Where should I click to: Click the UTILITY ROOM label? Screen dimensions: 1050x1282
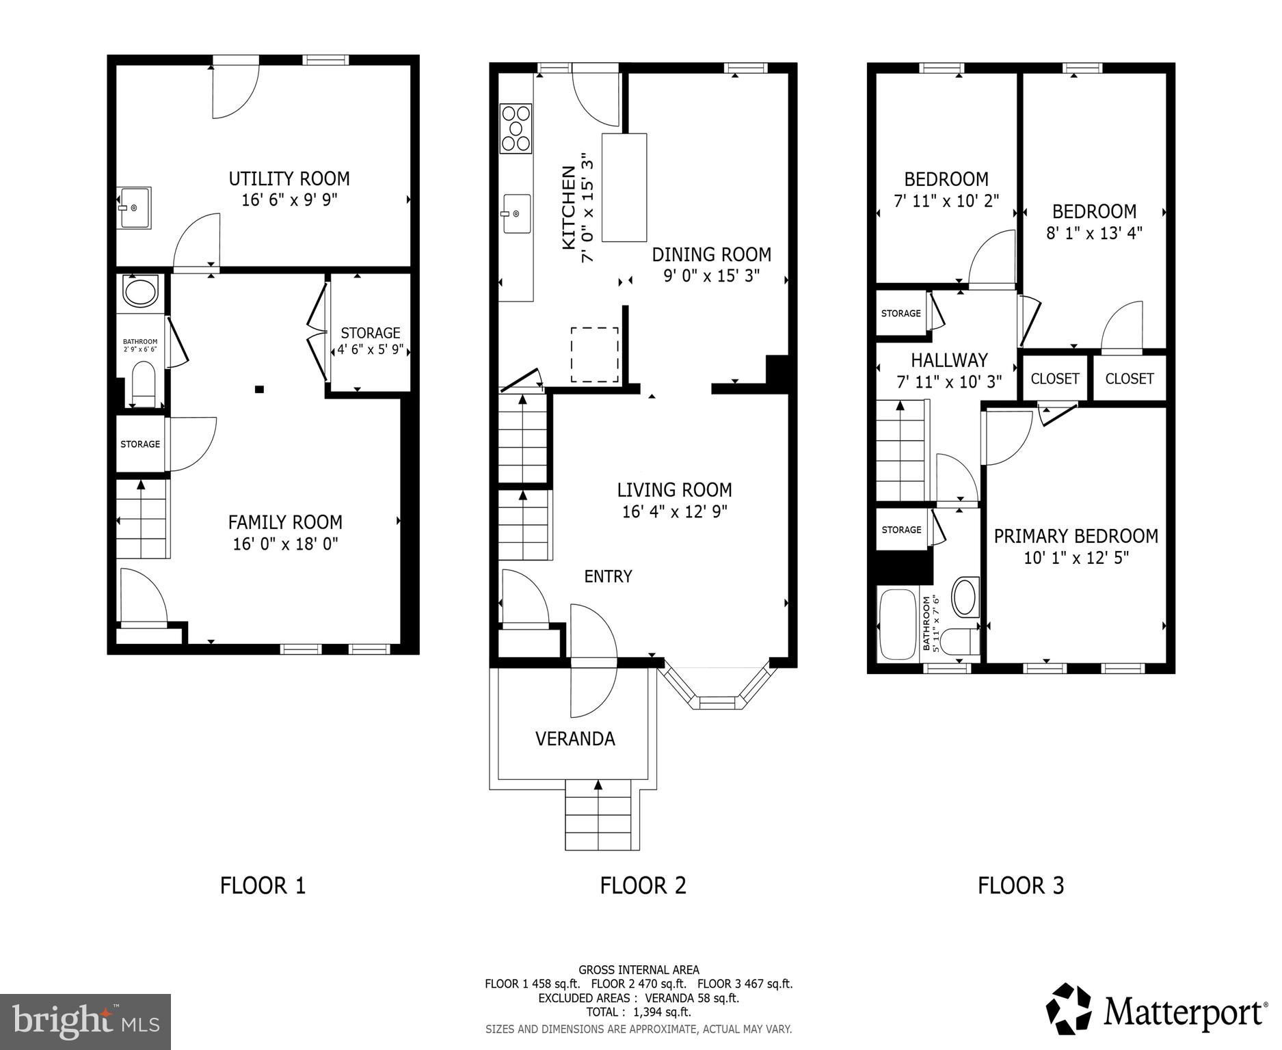pyautogui.click(x=289, y=179)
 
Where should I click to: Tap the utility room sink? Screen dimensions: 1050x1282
pyautogui.click(x=133, y=207)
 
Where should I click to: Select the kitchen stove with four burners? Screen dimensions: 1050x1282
pyautogui.click(x=516, y=127)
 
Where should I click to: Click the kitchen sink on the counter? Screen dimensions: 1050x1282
pyautogui.click(x=517, y=213)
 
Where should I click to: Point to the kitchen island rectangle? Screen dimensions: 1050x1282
pyautogui.click(x=624, y=187)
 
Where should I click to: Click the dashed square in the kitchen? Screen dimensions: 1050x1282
pyautogui.click(x=595, y=355)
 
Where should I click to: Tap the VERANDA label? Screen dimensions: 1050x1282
pyautogui.click(x=575, y=739)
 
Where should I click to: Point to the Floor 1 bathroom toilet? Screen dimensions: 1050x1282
pyautogui.click(x=143, y=383)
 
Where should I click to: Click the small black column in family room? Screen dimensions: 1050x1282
pyautogui.click(x=259, y=390)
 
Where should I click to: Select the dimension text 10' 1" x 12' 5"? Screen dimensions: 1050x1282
pyautogui.click(x=1076, y=558)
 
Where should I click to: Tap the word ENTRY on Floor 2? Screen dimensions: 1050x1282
pyautogui.click(x=608, y=576)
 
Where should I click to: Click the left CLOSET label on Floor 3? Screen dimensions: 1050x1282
pyautogui.click(x=1054, y=379)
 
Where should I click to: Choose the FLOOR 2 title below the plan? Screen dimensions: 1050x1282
pyautogui.click(x=643, y=885)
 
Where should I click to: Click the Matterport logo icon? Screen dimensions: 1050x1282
pyautogui.click(x=1070, y=1008)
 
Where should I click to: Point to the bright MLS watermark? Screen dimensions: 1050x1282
pyautogui.click(x=85, y=1022)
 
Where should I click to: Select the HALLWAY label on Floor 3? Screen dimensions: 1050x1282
pyautogui.click(x=948, y=360)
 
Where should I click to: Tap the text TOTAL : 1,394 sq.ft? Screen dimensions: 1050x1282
pyautogui.click(x=638, y=1012)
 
